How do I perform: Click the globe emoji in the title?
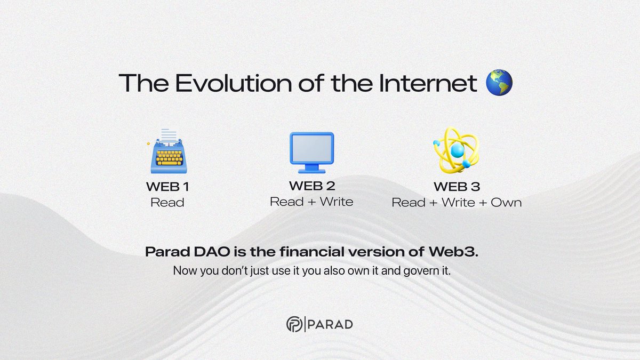tap(499, 84)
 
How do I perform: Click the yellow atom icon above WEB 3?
tap(456, 150)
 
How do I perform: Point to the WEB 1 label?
tap(167, 188)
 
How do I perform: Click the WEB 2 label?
tap(311, 187)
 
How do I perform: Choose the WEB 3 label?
tap(457, 187)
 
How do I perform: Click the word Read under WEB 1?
tap(167, 203)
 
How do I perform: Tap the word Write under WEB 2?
tap(336, 202)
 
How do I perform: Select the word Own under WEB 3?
tap(507, 203)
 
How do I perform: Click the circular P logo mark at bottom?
tap(294, 324)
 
